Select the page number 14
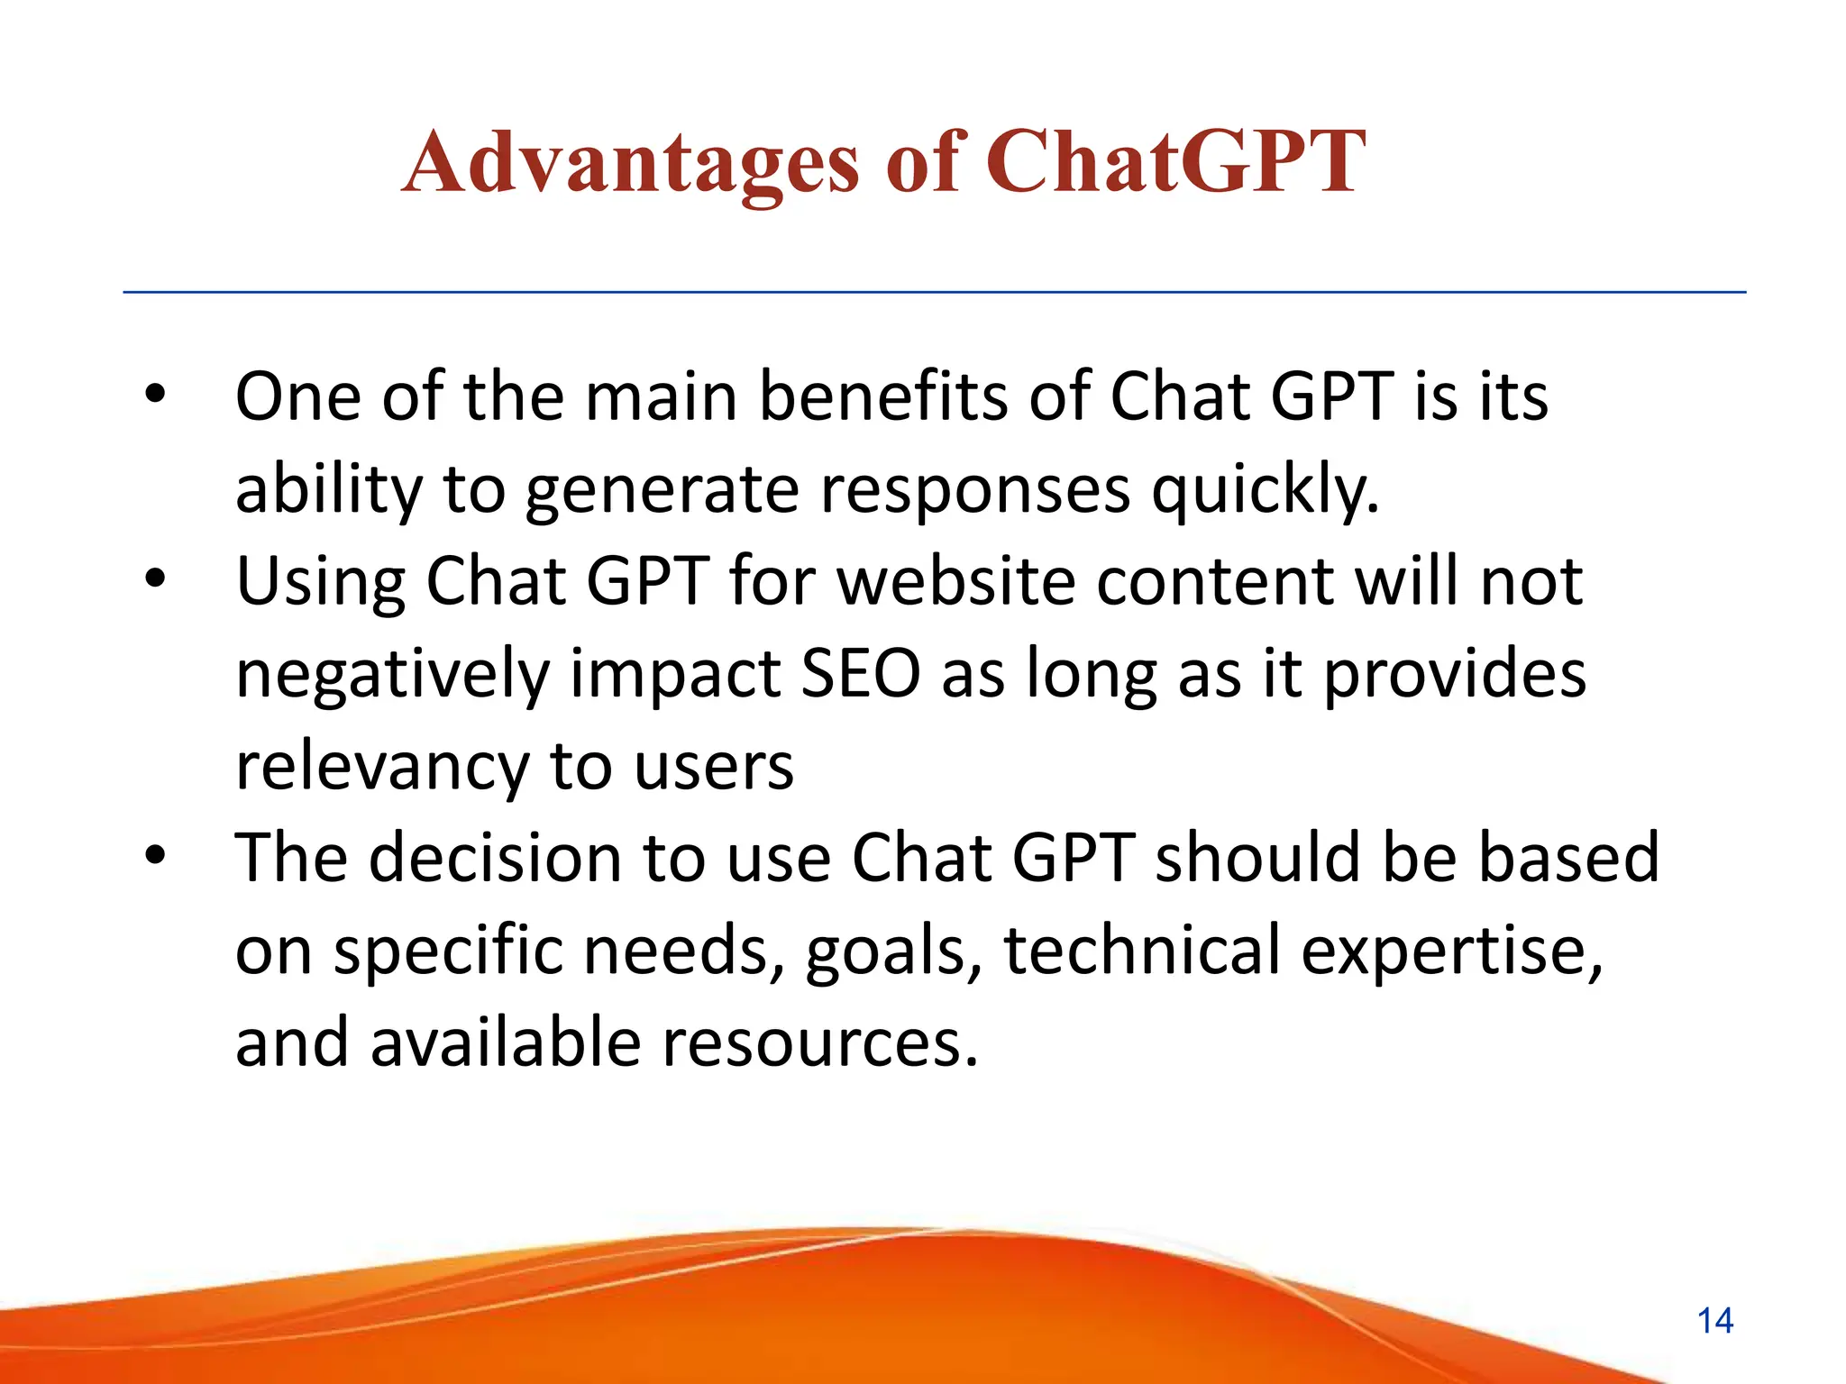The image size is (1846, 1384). pos(1714,1321)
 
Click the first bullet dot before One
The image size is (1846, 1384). pos(156,395)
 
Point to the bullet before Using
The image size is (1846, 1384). pos(156,579)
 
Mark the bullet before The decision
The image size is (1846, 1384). pos(156,856)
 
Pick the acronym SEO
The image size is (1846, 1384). pos(861,674)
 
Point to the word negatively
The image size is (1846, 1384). pos(392,676)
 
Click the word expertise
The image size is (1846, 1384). pos(1451,951)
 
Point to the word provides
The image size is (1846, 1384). pos(1454,676)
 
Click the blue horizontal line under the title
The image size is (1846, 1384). pos(934,292)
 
